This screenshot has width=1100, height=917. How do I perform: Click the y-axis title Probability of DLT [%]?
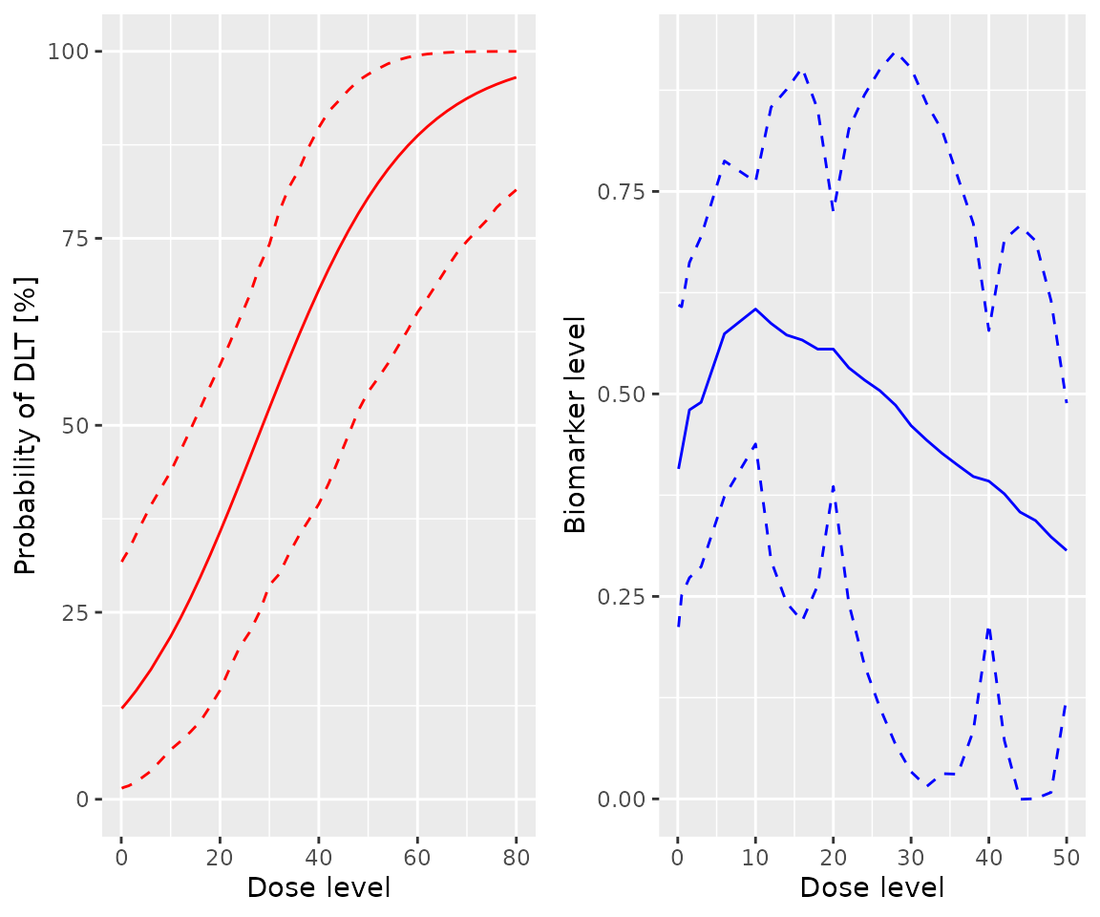tap(26, 425)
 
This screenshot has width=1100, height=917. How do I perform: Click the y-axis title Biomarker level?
tap(575, 425)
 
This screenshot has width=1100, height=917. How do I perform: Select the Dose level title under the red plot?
tap(318, 887)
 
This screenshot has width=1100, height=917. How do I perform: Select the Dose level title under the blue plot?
tap(872, 887)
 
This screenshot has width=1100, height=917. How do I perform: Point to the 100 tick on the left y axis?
tap(72, 52)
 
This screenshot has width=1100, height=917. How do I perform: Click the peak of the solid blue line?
tap(755, 309)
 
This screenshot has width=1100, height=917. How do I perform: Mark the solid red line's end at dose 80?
tap(516, 77)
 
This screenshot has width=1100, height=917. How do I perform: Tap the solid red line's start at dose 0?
tap(122, 708)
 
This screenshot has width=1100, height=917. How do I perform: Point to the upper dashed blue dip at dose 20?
tap(834, 210)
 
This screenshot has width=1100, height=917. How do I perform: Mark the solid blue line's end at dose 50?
tap(1067, 550)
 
